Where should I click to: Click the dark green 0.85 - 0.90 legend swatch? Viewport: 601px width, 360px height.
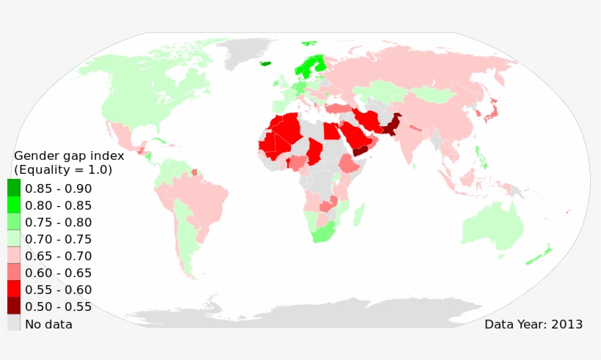click(x=14, y=188)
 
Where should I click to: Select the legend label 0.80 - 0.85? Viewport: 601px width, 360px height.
click(x=58, y=205)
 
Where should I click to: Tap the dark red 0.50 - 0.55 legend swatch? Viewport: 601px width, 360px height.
click(x=14, y=306)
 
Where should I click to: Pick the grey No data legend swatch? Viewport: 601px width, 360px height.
click(x=14, y=323)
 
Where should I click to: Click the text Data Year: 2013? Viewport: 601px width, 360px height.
click(x=534, y=323)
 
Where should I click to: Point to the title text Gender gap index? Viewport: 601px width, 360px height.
click(x=69, y=155)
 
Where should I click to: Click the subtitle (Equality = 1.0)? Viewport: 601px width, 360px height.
click(x=63, y=170)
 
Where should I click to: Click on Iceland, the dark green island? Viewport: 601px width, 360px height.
click(x=265, y=63)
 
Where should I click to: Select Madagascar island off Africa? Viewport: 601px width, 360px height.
click(x=359, y=215)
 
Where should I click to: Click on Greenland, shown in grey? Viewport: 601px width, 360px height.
click(x=249, y=51)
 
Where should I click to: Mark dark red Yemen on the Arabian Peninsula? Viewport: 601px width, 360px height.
click(x=360, y=150)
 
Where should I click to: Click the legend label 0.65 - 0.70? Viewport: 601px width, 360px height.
click(x=58, y=256)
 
